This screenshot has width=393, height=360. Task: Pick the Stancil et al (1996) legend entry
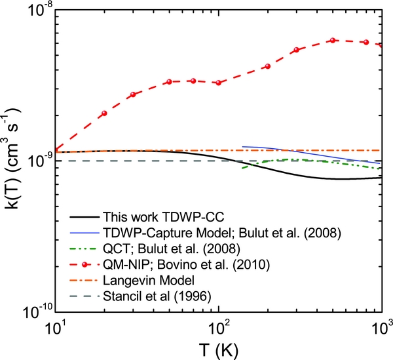(x=151, y=296)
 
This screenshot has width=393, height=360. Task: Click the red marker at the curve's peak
(x=333, y=40)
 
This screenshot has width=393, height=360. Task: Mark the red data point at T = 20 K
(x=104, y=113)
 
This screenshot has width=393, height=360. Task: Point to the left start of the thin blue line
(x=243, y=147)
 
